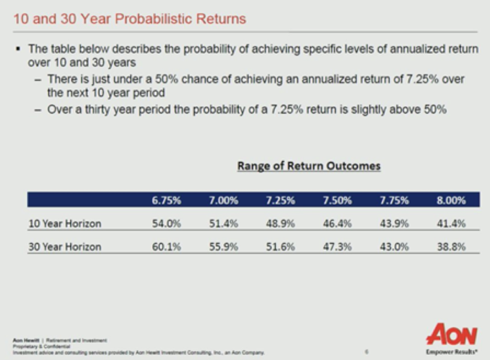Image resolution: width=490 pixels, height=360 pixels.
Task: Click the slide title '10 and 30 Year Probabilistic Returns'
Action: point(130,19)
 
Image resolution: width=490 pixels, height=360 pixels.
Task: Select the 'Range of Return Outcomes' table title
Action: point(309,167)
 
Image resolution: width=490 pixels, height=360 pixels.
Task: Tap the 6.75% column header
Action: point(167,201)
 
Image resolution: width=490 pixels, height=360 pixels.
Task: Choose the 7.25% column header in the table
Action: point(281,201)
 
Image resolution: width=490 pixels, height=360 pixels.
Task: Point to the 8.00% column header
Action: point(451,201)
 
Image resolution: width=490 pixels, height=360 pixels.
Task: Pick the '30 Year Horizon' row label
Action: point(64,247)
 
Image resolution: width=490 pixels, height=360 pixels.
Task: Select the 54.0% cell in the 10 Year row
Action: point(167,223)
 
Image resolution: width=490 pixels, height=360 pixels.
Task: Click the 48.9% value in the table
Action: point(281,223)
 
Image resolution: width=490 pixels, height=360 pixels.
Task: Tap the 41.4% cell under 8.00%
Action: point(451,223)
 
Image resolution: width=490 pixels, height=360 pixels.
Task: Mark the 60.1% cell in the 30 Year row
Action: point(167,247)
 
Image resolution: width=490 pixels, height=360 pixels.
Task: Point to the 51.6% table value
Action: point(281,247)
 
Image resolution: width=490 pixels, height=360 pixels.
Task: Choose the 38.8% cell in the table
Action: point(451,247)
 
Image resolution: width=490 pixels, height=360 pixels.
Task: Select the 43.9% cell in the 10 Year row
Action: point(394,223)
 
